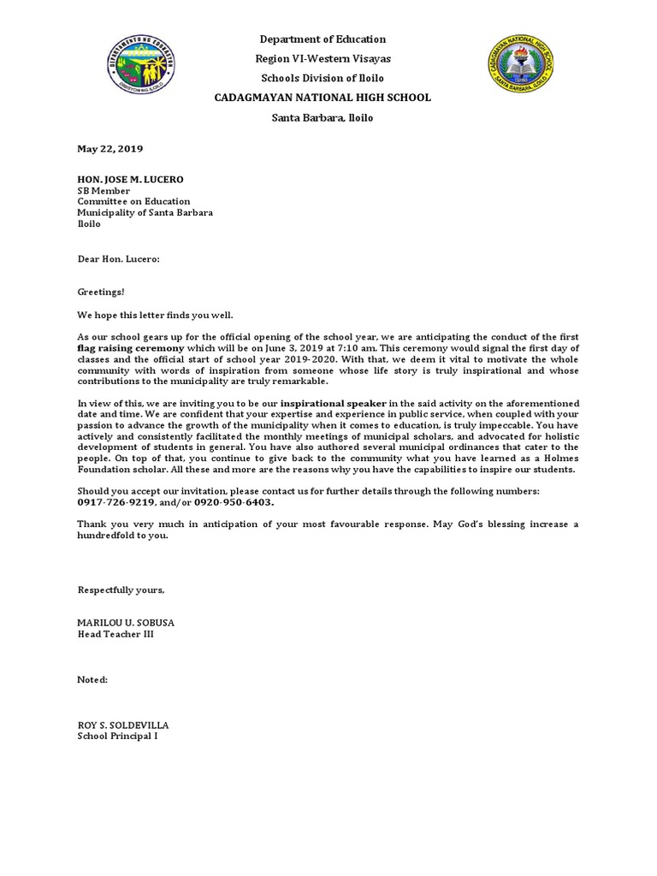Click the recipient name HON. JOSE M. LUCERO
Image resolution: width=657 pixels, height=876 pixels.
(130, 179)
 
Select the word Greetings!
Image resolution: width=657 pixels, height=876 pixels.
(101, 292)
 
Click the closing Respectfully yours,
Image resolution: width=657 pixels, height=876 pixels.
(121, 590)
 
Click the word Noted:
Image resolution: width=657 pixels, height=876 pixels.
(92, 679)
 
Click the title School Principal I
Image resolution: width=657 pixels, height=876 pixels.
(117, 736)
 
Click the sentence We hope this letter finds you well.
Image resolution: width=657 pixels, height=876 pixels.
(155, 315)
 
